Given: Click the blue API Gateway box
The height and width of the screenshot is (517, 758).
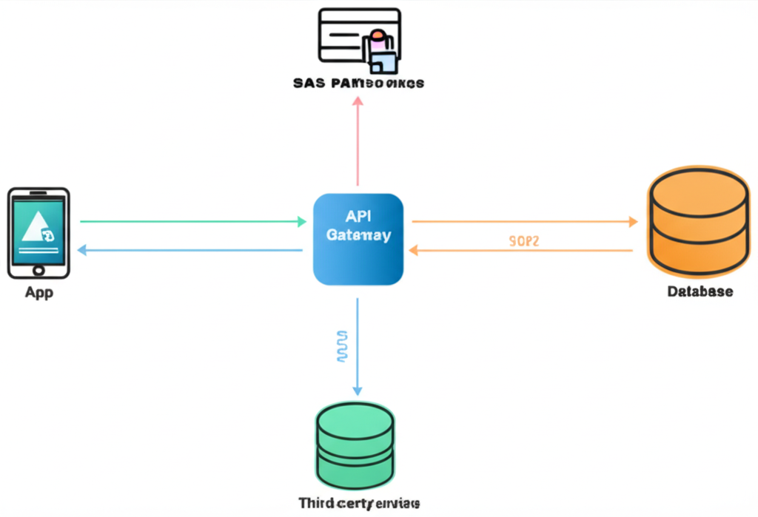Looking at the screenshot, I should (x=358, y=239).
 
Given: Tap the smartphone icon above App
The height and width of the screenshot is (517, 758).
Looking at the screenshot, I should (x=38, y=233).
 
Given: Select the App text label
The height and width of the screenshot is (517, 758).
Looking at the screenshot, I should (x=38, y=292).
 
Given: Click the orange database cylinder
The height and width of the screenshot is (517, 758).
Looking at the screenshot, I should (x=698, y=220).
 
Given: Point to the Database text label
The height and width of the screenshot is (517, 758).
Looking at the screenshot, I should (x=700, y=291).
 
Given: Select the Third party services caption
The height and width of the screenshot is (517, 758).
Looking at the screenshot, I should (x=359, y=503).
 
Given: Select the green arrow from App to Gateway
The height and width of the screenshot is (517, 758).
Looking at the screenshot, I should (x=192, y=221).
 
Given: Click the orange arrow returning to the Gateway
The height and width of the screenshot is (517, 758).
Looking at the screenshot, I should (x=522, y=251).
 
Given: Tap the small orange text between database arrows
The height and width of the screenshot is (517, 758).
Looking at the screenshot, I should (x=523, y=240).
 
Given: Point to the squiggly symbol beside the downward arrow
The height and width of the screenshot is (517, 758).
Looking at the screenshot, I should (x=341, y=346).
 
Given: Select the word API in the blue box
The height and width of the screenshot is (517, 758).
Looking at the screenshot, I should (x=358, y=217).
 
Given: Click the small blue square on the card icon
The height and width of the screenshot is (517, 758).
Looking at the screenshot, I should (x=383, y=60).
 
